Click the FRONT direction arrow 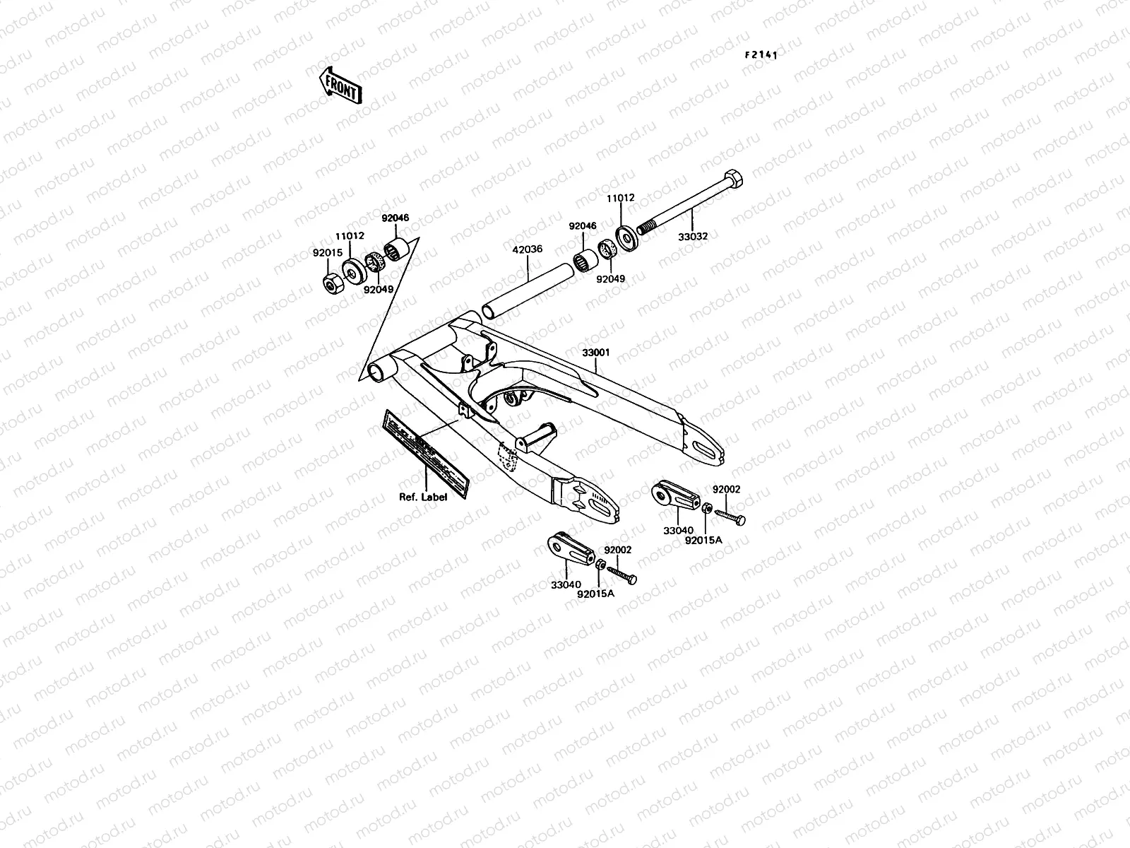click(341, 85)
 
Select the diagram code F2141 click(759, 54)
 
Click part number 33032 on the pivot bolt click(695, 237)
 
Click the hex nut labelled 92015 click(329, 284)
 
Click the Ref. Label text click(423, 497)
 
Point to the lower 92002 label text click(617, 549)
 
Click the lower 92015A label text click(595, 594)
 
